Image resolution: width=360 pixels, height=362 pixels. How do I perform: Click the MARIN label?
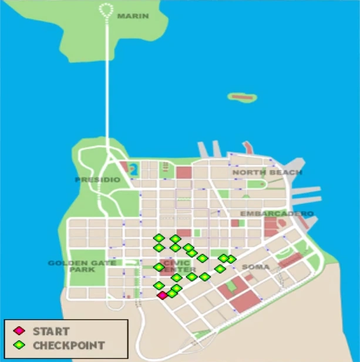133,16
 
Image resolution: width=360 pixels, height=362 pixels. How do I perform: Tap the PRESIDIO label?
97,179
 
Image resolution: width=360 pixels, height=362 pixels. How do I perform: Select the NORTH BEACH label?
267,172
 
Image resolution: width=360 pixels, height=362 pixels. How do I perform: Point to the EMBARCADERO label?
277,213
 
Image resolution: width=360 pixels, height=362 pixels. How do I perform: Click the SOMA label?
255,267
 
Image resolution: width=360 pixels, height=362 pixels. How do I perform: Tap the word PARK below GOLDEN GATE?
78,270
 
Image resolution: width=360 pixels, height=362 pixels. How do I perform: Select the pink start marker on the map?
163,295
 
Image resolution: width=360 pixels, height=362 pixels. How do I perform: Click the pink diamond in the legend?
20,331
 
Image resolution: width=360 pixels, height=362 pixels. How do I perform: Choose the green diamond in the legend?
20,345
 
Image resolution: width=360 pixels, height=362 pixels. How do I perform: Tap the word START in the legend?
51,331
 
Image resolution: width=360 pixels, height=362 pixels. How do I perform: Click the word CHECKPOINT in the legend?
69,345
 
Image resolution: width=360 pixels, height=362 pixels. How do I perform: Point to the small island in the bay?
243,97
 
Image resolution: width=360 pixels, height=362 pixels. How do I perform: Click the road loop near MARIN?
107,9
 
